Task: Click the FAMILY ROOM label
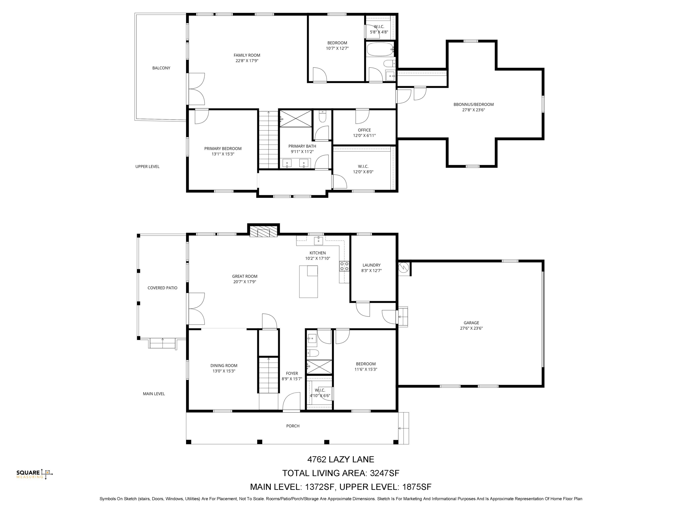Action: tap(247, 55)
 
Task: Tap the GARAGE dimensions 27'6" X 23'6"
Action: tap(471, 328)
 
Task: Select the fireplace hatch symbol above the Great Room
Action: tap(263, 232)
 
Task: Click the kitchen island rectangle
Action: tap(308, 281)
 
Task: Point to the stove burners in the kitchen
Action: tap(344, 266)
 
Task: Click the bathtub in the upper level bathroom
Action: tap(380, 49)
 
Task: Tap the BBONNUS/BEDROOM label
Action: tap(473, 104)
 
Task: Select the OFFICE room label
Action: tap(364, 130)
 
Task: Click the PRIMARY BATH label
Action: tap(302, 146)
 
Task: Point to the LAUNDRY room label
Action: tap(371, 265)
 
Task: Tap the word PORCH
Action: tap(293, 426)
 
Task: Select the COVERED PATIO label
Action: tap(162, 288)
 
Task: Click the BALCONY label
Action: tap(161, 68)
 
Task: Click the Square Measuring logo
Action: tap(34, 474)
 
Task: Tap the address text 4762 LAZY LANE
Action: tap(340, 459)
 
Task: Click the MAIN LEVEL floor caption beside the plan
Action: tap(154, 394)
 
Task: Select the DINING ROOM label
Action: tap(224, 366)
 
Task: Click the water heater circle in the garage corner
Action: tap(404, 267)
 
